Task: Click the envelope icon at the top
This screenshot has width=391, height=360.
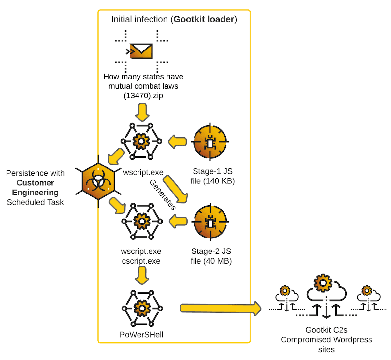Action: coord(141,51)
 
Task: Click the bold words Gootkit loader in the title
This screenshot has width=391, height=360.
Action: coord(204,19)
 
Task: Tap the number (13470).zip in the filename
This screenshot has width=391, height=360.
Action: coord(143,96)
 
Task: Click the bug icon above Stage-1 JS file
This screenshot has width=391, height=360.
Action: coord(210,142)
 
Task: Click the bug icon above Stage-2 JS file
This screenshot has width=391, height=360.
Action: coord(210,222)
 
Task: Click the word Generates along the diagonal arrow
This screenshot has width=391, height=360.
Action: coord(162,195)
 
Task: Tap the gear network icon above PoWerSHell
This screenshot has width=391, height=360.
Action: coord(142,308)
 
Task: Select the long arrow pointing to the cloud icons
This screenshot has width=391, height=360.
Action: coord(220,308)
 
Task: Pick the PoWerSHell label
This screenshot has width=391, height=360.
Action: coord(141,335)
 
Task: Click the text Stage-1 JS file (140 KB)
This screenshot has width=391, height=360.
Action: coord(212,176)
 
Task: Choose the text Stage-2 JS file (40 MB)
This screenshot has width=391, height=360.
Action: coord(211,256)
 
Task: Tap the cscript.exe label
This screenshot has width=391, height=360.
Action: coord(141,261)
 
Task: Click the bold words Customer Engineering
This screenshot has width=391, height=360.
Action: coord(35,188)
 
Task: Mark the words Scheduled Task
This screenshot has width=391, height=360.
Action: coord(35,202)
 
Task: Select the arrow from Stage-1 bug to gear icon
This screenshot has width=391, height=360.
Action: coord(178,142)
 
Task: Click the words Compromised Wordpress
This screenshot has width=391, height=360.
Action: coord(326,340)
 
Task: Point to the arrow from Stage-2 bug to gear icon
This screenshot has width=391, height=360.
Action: coord(178,222)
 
